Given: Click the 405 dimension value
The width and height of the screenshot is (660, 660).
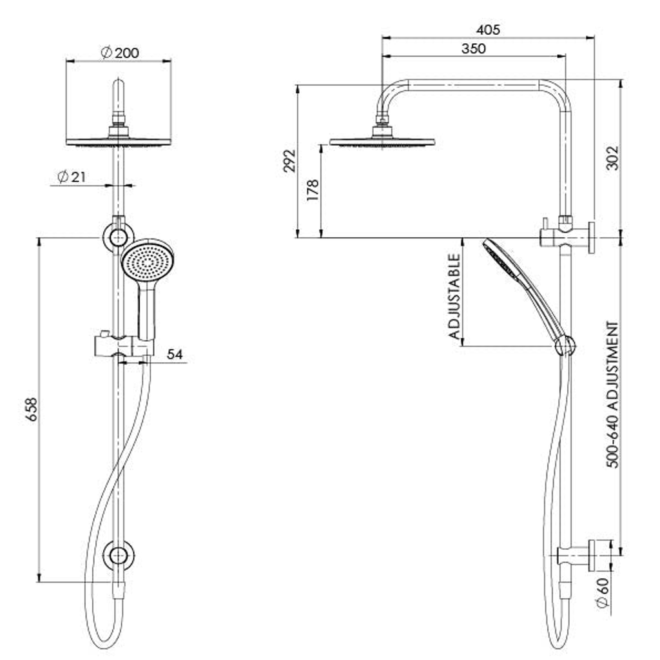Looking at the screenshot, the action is click(x=489, y=30).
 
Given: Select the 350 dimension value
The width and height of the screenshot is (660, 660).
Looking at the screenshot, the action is click(x=474, y=48).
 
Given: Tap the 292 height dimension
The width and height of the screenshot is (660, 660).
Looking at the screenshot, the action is click(x=289, y=160).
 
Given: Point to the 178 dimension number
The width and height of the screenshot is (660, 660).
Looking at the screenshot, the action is click(x=313, y=190).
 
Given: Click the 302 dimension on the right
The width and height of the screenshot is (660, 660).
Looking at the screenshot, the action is click(x=614, y=158).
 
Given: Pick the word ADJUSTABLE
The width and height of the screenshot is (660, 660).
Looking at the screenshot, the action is click(x=454, y=296).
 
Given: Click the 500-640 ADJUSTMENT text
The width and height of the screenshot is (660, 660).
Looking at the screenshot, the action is click(x=614, y=395).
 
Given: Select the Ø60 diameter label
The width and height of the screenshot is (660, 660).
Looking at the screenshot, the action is click(x=603, y=593).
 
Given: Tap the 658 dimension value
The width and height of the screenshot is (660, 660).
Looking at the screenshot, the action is click(x=32, y=409).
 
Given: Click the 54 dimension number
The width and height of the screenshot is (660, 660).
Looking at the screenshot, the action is click(x=175, y=354).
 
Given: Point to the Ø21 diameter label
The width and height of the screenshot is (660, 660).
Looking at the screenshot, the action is click(x=72, y=177).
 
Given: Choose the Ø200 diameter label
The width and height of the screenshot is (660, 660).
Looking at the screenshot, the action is click(x=120, y=53).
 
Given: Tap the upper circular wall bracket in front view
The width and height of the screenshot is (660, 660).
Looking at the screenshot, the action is click(x=119, y=237).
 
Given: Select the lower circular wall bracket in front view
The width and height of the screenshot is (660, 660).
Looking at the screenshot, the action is click(x=119, y=556).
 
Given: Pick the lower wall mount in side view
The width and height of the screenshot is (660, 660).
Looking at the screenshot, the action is click(x=577, y=556).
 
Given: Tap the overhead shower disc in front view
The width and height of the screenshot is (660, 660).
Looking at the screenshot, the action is click(x=119, y=141).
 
